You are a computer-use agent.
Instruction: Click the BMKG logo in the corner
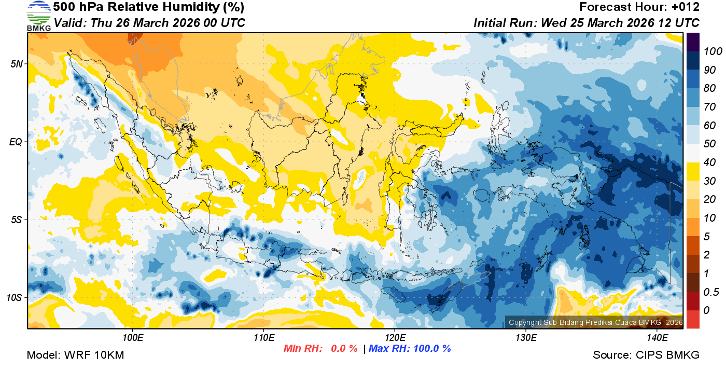point(38,16)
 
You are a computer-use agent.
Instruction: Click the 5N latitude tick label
point(16,64)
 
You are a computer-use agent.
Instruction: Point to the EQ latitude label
point(16,142)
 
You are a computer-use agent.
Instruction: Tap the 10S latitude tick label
point(14,298)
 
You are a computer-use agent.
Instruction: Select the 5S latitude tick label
point(16,220)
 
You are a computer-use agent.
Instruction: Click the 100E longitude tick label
point(133,338)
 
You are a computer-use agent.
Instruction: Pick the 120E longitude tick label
point(395,338)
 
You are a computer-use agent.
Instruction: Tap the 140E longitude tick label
point(657,338)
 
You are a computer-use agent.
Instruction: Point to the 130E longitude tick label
point(526,338)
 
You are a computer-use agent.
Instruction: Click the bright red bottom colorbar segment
point(693,319)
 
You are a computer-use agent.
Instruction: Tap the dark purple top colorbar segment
point(693,42)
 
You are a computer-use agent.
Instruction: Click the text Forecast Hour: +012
point(639,7)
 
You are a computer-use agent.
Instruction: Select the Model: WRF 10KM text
point(75,355)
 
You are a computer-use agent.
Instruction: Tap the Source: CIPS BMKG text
point(646,355)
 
